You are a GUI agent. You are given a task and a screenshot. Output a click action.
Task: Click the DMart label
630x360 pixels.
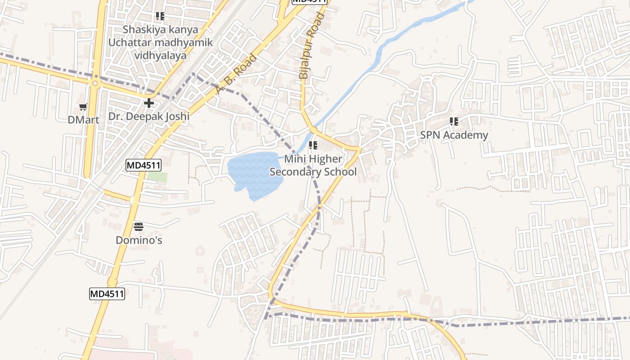(x=83, y=120)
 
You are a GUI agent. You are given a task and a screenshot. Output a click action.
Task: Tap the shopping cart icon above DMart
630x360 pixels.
(x=83, y=107)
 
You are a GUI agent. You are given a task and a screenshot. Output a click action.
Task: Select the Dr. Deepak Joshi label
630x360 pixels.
(x=149, y=116)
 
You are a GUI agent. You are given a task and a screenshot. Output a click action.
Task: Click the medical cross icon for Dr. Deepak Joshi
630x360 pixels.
(x=149, y=103)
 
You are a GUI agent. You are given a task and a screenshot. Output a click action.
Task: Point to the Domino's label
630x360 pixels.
(x=139, y=240)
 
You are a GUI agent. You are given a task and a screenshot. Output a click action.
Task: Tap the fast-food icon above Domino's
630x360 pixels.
(x=139, y=226)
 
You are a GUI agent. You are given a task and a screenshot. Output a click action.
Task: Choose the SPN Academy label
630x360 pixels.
(x=454, y=135)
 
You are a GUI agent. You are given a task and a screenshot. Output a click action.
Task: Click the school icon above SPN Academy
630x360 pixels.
(x=454, y=121)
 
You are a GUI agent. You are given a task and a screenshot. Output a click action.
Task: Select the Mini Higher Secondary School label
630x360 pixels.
(x=313, y=165)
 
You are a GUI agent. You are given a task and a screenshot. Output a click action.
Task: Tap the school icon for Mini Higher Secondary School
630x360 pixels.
(x=313, y=145)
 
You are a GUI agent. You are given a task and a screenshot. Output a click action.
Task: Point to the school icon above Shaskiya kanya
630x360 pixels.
(x=160, y=17)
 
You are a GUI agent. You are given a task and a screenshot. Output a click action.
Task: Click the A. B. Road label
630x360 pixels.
(x=236, y=74)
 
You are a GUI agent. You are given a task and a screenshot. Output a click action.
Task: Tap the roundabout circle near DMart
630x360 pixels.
(x=95, y=83)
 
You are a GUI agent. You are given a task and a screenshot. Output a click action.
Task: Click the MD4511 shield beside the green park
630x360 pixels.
(x=143, y=166)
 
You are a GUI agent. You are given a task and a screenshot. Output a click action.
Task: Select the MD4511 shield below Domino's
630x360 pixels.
(x=107, y=294)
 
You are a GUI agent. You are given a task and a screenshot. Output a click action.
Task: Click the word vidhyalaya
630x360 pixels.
(x=160, y=56)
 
